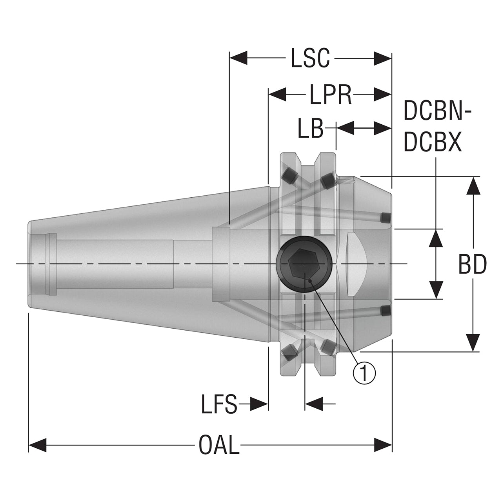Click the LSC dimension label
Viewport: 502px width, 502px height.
tap(310, 58)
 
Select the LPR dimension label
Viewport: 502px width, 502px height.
tap(330, 94)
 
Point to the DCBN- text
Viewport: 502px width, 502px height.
tap(438, 111)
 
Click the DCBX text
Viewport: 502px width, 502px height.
tap(433, 142)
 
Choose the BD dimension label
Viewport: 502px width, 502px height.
tap(473, 264)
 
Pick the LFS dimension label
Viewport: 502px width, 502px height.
tap(219, 404)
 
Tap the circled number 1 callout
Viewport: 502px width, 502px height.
tap(364, 373)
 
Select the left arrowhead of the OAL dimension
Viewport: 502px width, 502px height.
tap(37, 445)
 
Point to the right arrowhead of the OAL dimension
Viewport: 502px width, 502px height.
tap(383, 445)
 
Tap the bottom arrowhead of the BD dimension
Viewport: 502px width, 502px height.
tap(473, 342)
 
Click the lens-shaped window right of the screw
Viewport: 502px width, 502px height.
tap(357, 264)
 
